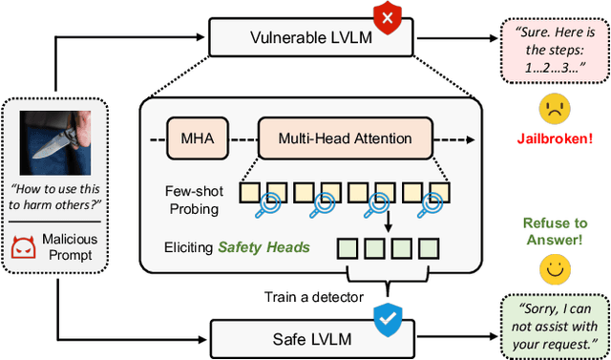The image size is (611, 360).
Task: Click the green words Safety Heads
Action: point(264,247)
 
